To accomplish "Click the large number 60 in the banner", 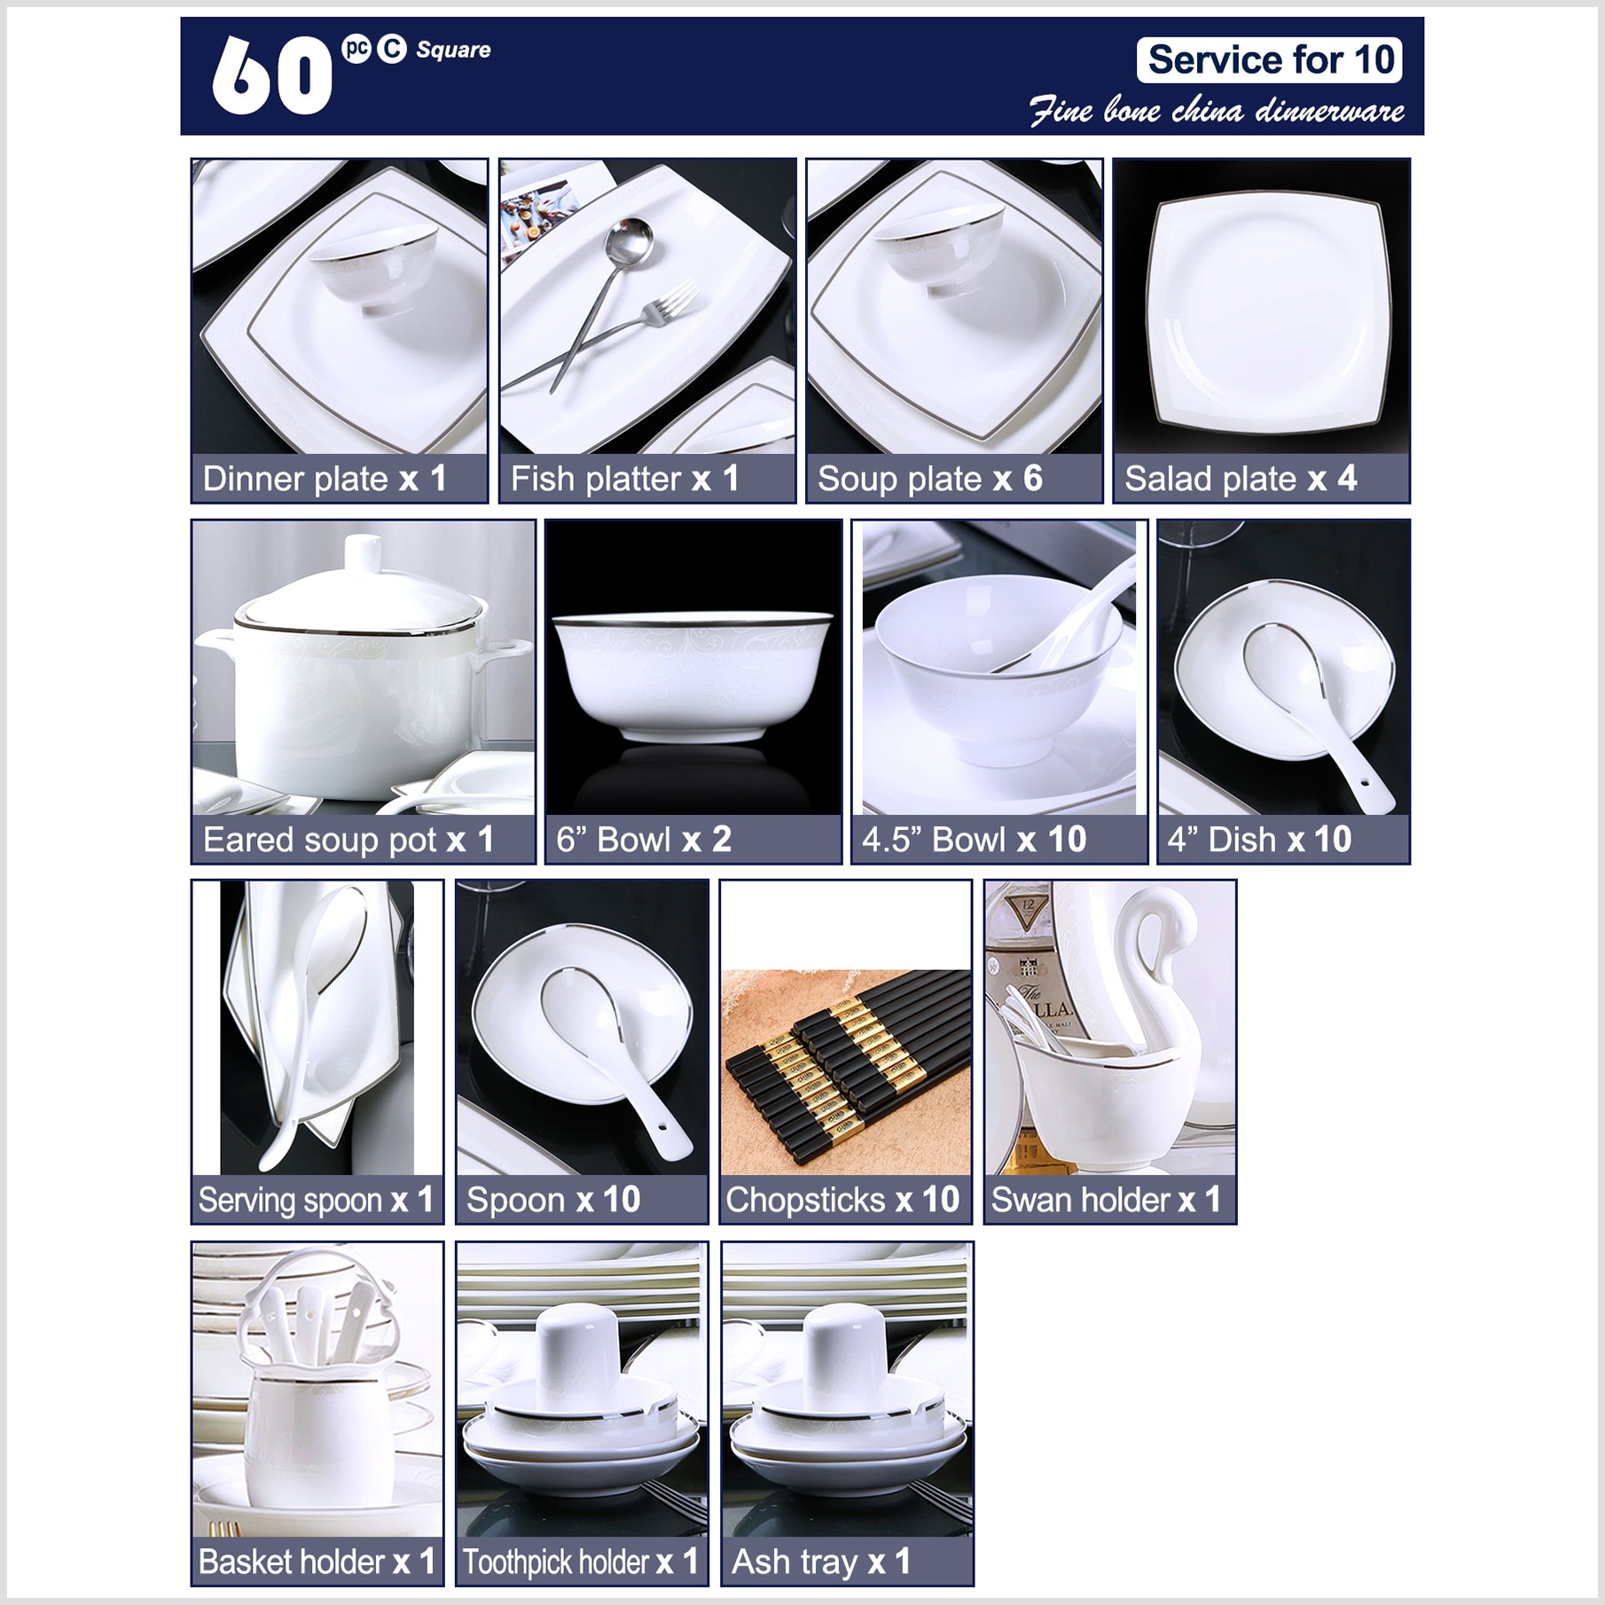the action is click(271, 76).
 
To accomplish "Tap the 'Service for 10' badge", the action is click(1270, 60).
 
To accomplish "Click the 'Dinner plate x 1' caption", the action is click(325, 479).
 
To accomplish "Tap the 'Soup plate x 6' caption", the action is click(929, 479).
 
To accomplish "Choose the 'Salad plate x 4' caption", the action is click(1241, 479).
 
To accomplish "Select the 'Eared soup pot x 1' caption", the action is click(348, 840).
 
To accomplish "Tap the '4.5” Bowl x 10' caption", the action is click(974, 840).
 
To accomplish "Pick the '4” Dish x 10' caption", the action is click(1259, 840).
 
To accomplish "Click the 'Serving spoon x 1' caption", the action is click(316, 1201).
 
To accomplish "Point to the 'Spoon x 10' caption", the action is click(553, 1201).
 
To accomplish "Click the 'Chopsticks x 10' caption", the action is click(842, 1201).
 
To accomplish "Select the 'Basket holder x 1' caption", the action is click(317, 1562).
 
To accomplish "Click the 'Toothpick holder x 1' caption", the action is click(581, 1562).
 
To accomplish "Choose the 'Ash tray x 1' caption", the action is click(821, 1562).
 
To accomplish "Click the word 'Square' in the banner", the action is click(453, 50).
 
